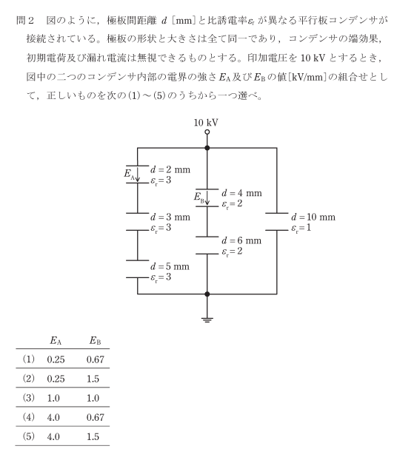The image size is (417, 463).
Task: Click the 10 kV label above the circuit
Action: [x=206, y=123]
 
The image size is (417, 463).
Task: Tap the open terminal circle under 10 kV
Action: [x=207, y=132]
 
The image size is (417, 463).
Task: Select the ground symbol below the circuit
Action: [x=207, y=320]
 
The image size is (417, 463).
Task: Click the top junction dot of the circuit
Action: [x=207, y=148]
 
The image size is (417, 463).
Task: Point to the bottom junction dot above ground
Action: [x=207, y=294]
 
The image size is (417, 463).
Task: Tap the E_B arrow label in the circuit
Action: [x=201, y=197]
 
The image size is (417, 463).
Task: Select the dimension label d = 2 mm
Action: [x=170, y=170]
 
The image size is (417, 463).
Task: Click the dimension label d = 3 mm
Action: [x=170, y=217]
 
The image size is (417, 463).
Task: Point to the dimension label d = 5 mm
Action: [x=170, y=267]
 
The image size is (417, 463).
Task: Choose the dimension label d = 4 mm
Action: [x=241, y=193]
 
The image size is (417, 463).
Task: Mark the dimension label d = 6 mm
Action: [x=241, y=240]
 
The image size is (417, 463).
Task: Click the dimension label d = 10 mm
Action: [x=313, y=217]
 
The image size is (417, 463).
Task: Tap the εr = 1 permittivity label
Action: [x=301, y=229]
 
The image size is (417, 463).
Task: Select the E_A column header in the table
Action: [x=56, y=341]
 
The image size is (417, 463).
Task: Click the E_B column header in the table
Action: [x=96, y=341]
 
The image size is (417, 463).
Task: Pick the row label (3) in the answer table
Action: [x=28, y=398]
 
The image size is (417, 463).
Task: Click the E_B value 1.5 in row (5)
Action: [x=93, y=436]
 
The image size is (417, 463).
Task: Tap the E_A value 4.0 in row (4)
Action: [x=53, y=417]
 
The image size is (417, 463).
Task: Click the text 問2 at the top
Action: [x=25, y=21]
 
